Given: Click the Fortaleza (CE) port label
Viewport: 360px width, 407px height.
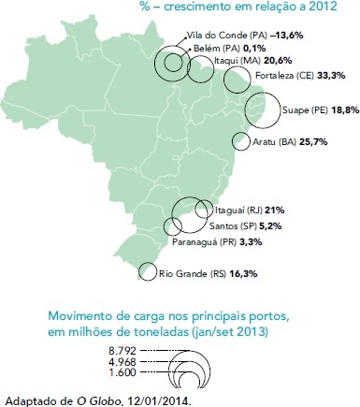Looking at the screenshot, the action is click(283, 76).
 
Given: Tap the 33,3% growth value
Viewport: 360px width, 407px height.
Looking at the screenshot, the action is click(331, 76).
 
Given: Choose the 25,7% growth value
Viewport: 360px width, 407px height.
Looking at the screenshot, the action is click(313, 142).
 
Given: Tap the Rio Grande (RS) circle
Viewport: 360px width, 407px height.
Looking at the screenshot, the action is click(139, 271).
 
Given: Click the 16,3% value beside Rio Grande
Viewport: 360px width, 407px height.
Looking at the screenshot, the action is click(243, 274).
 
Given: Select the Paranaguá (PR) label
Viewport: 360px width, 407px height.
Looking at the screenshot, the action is click(205, 242).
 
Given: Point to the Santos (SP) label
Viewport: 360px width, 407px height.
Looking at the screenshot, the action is click(233, 225).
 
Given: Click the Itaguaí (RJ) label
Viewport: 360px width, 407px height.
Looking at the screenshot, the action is click(238, 211).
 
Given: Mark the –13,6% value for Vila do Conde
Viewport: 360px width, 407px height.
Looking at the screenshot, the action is click(287, 35).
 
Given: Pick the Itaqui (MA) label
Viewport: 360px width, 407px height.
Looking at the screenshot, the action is click(238, 60).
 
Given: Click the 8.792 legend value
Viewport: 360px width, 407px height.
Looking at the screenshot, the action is click(122, 351).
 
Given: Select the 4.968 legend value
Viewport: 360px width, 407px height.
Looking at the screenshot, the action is click(122, 362).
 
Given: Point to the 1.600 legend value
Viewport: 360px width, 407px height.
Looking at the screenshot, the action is click(122, 372).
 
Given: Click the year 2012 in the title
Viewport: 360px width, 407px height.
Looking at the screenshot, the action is click(324, 7).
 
